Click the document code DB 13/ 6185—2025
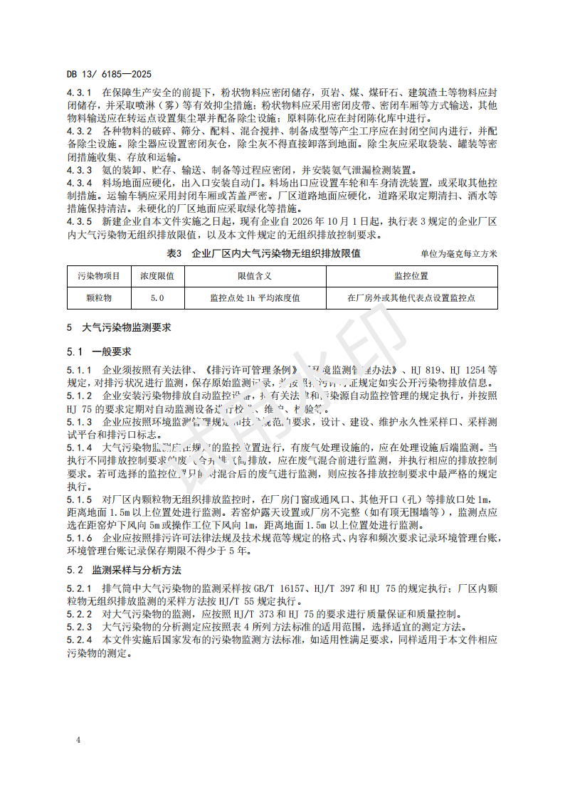pyautogui.click(x=109, y=74)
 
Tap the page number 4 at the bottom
pyautogui.click(x=79, y=740)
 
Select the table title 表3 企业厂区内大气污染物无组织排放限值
pyautogui.click(x=263, y=253)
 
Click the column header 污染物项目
pyautogui.click(x=98, y=276)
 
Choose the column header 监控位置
pyautogui.click(x=411, y=276)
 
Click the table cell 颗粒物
pyautogui.click(x=98, y=298)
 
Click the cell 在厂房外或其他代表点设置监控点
pyautogui.click(x=411, y=298)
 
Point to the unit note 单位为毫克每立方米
pyautogui.click(x=459, y=254)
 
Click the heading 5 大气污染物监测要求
pyautogui.click(x=119, y=329)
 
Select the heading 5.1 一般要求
pyautogui.click(x=99, y=352)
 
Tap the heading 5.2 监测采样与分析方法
pyautogui.click(x=125, y=571)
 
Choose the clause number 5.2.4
pyautogui.click(x=80, y=640)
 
